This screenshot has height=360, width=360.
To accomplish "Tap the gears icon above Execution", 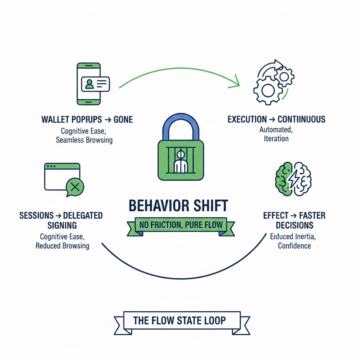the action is click(273, 83).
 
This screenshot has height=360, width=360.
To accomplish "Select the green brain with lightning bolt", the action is click(292, 178).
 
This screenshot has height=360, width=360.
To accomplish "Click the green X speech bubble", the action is click(74, 187).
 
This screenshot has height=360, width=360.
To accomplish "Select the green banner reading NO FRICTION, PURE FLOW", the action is click(180, 225).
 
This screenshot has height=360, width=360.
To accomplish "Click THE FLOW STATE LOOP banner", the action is click(180, 321).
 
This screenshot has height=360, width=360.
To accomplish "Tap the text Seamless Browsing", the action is click(84, 140).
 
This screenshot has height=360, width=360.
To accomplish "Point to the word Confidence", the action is click(294, 246).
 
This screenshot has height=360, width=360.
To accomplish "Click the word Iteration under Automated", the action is click(276, 139).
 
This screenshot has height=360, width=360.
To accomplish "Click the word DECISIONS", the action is click(294, 225).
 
